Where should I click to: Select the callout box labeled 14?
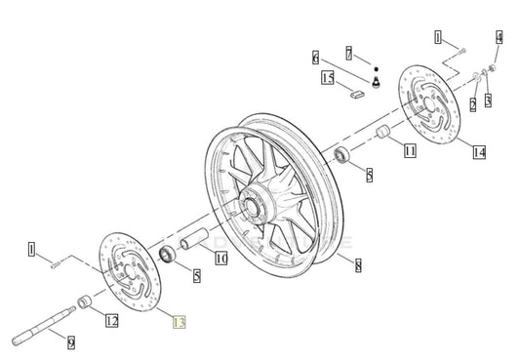[x=479, y=151]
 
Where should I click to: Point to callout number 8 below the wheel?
[x=358, y=264]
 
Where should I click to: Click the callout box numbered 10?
[x=221, y=259]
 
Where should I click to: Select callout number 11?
[x=410, y=150]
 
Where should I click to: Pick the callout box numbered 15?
[x=327, y=77]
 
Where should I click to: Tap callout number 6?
[x=316, y=57]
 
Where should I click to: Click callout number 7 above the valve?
[x=348, y=51]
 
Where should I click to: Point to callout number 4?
[x=500, y=38]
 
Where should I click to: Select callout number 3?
[x=488, y=100]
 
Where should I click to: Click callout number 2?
[x=473, y=103]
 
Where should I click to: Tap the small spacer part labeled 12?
[x=86, y=300]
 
